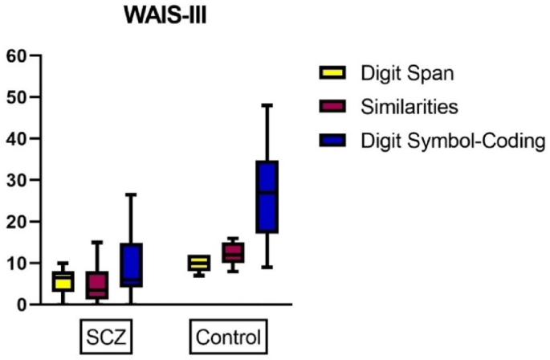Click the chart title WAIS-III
pos(165,15)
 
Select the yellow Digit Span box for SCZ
pos(63,281)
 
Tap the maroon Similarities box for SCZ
pos(97,284)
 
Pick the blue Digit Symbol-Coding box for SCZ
pos(131,264)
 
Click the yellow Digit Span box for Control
pos(199,263)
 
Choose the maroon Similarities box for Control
pos(233,252)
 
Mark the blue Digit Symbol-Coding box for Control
pos(267,197)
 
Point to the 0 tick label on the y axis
pos(22,305)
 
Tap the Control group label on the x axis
pos(228,336)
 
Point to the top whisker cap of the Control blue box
pos(267,105)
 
